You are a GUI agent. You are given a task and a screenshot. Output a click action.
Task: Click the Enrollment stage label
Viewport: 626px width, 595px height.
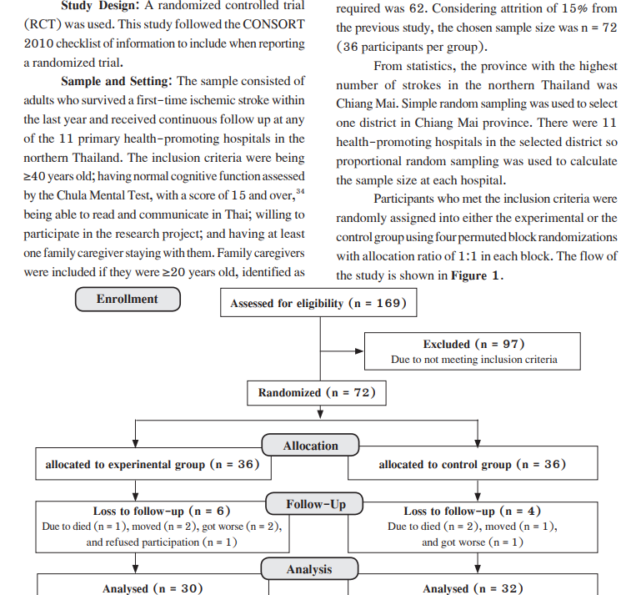[128, 299]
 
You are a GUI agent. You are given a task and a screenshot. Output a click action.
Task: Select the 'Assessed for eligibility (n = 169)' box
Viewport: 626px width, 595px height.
[318, 303]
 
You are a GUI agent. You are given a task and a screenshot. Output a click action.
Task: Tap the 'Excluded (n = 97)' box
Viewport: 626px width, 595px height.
[473, 351]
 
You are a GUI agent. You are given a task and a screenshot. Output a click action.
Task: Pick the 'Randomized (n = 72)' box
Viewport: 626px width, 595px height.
[317, 393]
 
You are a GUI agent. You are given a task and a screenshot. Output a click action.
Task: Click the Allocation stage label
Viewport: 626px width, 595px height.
[310, 445]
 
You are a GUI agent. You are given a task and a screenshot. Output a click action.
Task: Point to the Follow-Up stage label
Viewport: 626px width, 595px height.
[314, 503]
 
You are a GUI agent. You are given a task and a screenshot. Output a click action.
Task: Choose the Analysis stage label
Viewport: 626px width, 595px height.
[309, 569]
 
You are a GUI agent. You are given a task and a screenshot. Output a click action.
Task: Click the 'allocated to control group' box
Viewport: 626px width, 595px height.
[473, 463]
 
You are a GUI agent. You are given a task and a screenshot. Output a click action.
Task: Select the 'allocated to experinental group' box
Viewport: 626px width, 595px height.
[153, 463]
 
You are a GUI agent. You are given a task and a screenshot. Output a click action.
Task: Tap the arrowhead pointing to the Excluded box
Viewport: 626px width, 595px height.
[359, 351]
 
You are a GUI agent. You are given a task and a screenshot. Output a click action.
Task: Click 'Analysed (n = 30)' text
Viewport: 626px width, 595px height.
[153, 588]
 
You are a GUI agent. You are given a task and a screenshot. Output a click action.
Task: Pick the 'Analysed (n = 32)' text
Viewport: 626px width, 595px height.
[473, 588]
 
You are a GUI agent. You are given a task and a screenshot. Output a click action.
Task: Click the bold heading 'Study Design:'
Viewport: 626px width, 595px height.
[100, 6]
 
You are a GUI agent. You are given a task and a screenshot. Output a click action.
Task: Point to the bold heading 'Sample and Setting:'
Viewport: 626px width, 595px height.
[117, 81]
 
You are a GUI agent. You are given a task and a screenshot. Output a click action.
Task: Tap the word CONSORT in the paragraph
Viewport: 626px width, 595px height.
[273, 24]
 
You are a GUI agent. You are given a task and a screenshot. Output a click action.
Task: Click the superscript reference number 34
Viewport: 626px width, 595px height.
[300, 191]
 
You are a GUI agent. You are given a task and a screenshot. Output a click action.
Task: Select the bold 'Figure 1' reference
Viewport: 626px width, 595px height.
[475, 275]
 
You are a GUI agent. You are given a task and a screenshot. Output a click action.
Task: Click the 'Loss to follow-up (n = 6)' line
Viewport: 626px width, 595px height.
[162, 511]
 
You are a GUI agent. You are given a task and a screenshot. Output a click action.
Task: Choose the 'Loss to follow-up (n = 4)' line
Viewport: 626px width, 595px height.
[473, 511]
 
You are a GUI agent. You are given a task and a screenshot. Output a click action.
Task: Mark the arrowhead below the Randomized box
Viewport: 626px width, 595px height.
[320, 414]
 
